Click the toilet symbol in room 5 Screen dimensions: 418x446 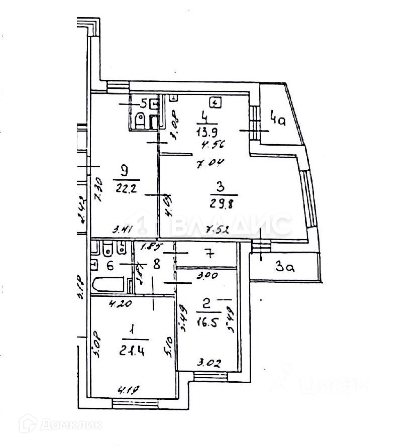click(140, 121)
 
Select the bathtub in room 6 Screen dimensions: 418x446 click(110, 284)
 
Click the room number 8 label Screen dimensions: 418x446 click(157, 263)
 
